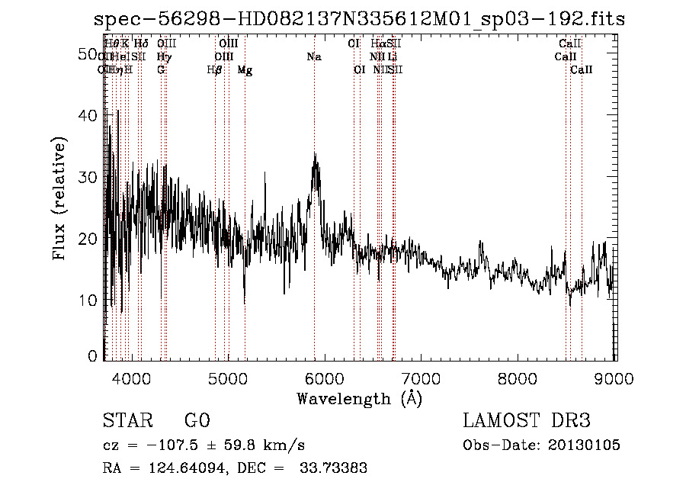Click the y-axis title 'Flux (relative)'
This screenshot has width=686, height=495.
(59, 198)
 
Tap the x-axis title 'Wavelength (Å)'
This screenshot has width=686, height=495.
(359, 398)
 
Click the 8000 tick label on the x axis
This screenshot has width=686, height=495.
(518, 378)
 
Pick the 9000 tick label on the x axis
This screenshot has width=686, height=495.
(614, 378)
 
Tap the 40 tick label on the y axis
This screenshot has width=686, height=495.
(91, 116)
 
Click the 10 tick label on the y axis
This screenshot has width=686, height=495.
(91, 301)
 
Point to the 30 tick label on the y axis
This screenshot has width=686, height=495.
(91, 177)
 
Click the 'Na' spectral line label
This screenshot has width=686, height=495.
(314, 56)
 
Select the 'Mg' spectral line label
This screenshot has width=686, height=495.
(245, 70)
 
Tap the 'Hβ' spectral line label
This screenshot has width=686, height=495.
(215, 70)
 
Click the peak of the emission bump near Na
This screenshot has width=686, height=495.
(315, 155)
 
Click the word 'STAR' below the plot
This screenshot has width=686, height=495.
(124, 421)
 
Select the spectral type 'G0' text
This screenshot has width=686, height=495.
(197, 421)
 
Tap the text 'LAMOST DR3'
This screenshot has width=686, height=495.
(527, 421)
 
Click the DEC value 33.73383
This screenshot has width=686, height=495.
(335, 468)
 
